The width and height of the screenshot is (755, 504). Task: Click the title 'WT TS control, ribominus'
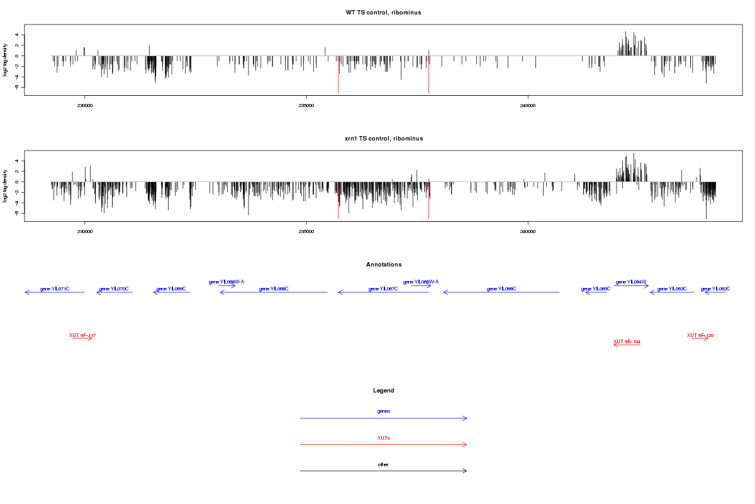click(384, 13)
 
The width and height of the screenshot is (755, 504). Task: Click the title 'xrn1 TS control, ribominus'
click(384, 138)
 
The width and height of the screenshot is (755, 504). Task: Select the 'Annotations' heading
click(384, 265)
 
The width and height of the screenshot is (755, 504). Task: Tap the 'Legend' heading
click(384, 391)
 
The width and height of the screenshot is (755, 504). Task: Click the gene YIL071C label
click(55, 289)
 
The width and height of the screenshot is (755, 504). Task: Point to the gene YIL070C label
click(114, 289)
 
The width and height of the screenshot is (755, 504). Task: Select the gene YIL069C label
click(171, 289)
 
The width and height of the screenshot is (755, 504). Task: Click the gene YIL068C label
click(274, 289)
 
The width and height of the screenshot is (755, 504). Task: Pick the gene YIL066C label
click(501, 289)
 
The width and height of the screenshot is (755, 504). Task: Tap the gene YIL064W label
click(631, 282)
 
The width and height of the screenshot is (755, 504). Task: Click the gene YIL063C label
click(672, 289)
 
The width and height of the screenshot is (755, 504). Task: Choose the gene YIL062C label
click(715, 289)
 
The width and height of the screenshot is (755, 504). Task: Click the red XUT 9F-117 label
click(82, 335)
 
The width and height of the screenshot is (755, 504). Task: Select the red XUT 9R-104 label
click(627, 341)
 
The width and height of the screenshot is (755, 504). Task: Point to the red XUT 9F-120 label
click(700, 335)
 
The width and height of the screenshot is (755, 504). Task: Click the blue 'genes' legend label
click(384, 411)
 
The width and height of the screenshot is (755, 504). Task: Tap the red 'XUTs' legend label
click(384, 438)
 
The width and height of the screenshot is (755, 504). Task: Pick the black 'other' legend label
click(384, 464)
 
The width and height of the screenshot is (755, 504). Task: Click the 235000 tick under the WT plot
click(306, 105)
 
